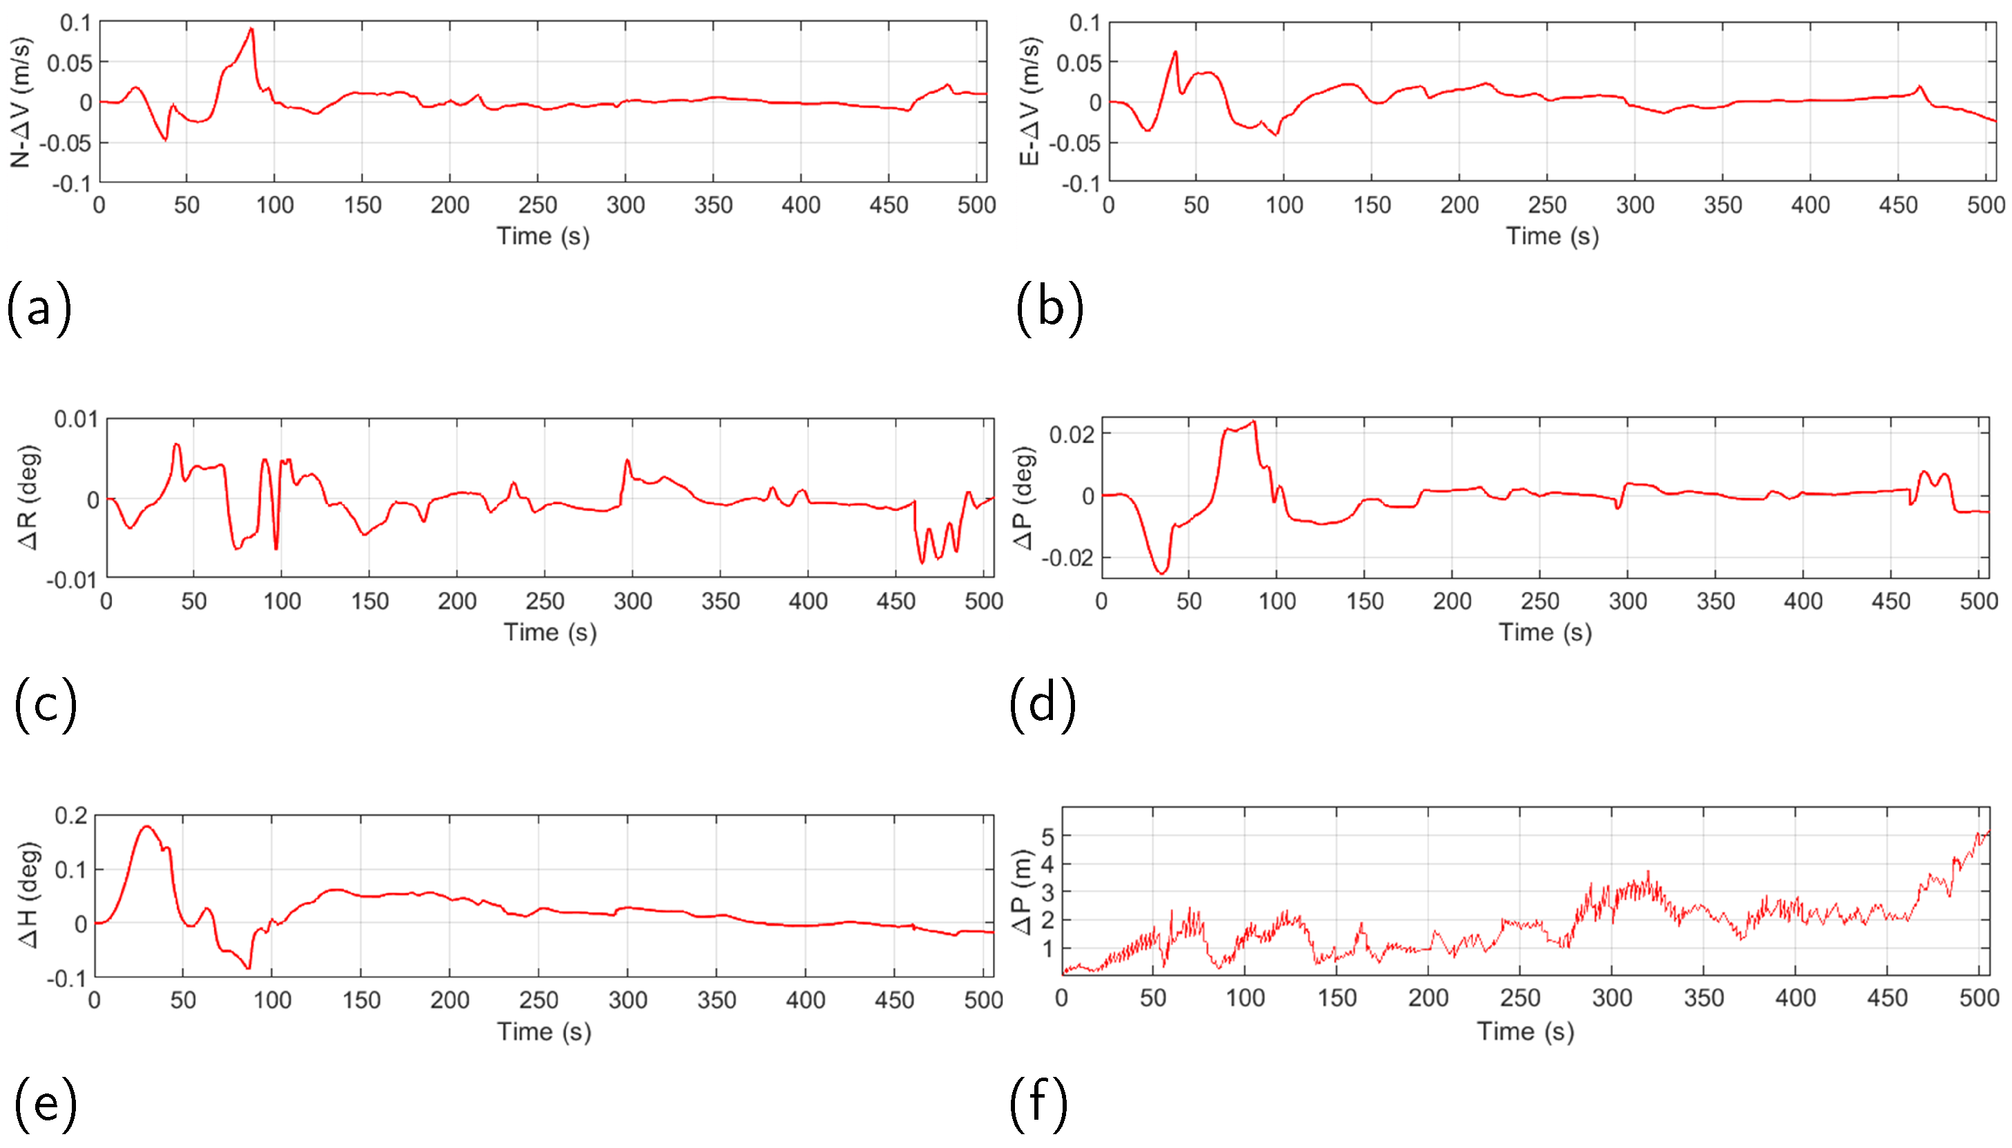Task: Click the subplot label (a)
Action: pos(39,309)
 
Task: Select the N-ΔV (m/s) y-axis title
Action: pos(21,101)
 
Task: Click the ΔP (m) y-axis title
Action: pos(1023,892)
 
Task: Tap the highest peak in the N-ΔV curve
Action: pos(251,29)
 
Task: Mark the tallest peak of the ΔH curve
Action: pos(146,826)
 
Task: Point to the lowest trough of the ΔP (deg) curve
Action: pos(1161,572)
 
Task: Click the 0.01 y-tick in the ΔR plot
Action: pos(76,420)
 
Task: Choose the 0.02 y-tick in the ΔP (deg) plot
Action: pos(1071,434)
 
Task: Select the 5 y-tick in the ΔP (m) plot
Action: pos(1047,837)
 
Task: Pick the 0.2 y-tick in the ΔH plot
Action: pos(71,815)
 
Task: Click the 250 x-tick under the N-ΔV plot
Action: pos(538,205)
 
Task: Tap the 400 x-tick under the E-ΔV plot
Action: pos(1810,205)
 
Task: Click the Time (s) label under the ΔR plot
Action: pos(550,632)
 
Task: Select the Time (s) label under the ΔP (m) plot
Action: pos(1525,1031)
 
